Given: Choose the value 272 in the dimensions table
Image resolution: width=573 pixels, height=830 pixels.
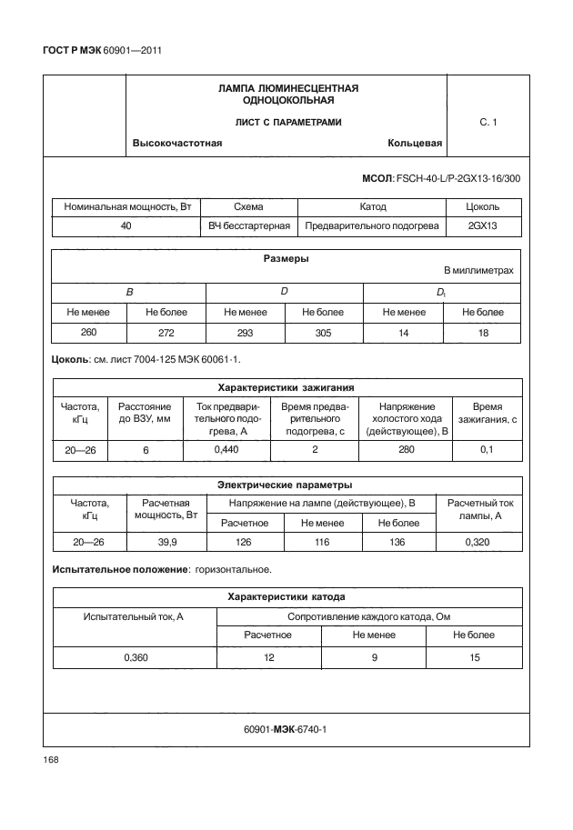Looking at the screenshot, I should (167, 333).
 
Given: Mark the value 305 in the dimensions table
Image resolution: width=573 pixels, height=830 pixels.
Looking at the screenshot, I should (324, 333).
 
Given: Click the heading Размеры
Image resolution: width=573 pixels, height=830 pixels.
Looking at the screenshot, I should (286, 259).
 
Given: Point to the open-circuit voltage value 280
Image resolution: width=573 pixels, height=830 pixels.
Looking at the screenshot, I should (407, 450).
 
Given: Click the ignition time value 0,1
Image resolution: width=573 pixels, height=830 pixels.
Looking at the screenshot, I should (488, 450).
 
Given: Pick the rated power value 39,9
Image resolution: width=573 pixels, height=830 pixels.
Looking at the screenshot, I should (167, 542).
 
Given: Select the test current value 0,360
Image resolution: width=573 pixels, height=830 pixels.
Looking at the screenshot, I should (134, 657).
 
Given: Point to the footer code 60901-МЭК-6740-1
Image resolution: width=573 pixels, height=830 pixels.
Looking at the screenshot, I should (286, 729).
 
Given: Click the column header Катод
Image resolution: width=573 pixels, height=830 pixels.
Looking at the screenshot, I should (373, 207).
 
